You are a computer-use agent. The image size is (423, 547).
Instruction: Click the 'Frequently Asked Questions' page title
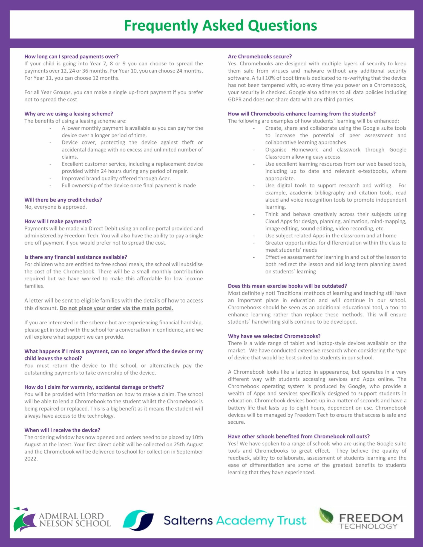click(x=220, y=25)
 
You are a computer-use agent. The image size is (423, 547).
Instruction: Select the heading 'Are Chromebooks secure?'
click(x=260, y=57)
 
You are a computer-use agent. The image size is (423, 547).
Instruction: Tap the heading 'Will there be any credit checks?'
click(x=63, y=200)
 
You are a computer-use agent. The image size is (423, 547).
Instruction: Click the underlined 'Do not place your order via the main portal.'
click(x=116, y=308)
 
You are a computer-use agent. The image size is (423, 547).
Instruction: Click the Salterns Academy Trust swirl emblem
click(x=138, y=520)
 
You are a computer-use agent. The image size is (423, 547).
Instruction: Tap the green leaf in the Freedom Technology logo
click(x=326, y=516)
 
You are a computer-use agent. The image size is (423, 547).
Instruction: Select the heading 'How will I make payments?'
click(x=58, y=221)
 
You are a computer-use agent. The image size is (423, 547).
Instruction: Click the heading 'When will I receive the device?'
click(x=62, y=430)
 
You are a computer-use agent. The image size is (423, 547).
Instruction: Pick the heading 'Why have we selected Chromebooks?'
click(x=274, y=336)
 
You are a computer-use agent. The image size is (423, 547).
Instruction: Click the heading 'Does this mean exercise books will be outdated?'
click(x=287, y=286)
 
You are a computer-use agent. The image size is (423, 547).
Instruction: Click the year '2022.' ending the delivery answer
click(x=31, y=459)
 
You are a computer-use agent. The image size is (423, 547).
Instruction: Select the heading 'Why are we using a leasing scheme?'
click(x=68, y=114)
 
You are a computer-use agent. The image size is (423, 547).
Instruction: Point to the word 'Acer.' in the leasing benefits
click(x=165, y=179)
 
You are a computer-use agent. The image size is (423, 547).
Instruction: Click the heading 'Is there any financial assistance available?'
click(x=76, y=257)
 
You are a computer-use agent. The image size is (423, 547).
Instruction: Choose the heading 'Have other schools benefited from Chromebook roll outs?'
click(x=299, y=437)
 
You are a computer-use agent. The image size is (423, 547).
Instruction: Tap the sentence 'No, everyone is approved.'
click(x=56, y=207)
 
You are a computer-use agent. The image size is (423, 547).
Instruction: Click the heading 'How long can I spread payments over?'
click(x=71, y=57)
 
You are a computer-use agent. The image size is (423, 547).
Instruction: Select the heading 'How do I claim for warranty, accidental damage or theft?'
click(x=94, y=387)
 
